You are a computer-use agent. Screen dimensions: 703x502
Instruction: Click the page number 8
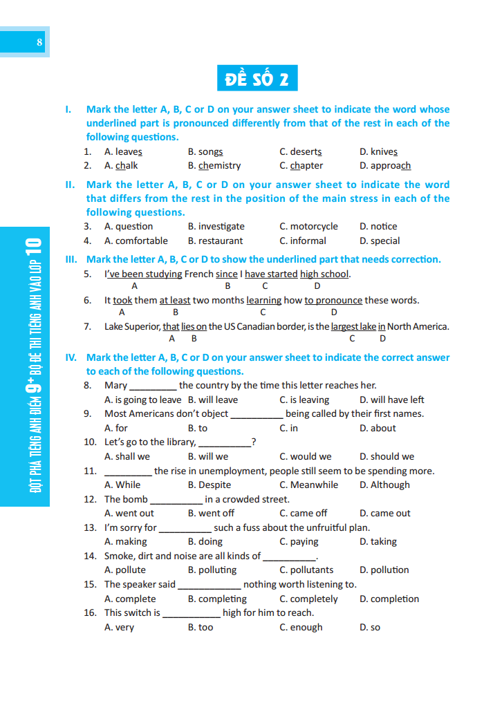[39, 43]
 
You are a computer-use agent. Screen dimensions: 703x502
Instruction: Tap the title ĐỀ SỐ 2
[257, 78]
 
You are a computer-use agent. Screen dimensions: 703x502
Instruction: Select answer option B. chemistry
[214, 166]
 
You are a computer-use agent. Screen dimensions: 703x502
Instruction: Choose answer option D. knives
[378, 151]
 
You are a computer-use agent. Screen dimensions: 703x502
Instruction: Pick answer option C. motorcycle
[308, 227]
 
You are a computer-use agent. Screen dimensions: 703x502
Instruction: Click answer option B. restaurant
[215, 241]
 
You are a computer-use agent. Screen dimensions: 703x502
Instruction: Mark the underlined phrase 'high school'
[324, 274]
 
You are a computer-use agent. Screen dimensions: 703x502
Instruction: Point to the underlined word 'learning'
[263, 301]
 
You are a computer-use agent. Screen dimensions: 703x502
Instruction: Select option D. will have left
[391, 400]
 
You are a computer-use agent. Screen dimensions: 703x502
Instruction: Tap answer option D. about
[378, 429]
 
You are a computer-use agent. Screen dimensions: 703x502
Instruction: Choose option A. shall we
[127, 457]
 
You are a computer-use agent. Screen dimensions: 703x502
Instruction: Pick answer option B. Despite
[210, 485]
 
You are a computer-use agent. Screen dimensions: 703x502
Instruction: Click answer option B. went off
[211, 514]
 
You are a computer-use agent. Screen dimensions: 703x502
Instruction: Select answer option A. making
[126, 542]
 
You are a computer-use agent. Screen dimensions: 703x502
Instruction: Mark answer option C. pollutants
[306, 570]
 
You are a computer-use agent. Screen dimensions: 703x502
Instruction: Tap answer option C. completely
[308, 599]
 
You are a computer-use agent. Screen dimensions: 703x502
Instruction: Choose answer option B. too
[201, 628]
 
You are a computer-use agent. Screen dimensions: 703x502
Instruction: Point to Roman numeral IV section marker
[71, 358]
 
